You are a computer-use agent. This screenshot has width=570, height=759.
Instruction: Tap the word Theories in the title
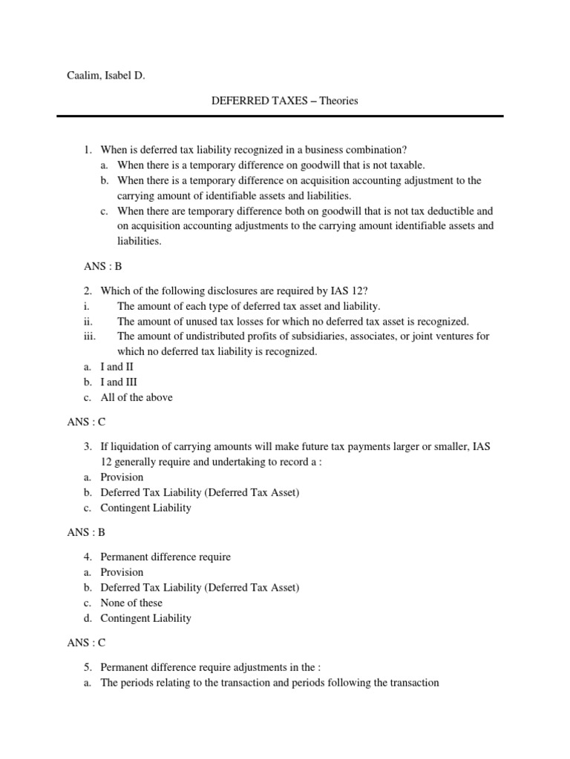point(338,101)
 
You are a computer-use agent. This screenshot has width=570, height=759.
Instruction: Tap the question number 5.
point(87,667)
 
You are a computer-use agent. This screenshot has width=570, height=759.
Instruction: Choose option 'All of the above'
point(137,397)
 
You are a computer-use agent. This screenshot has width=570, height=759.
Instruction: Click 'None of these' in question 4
point(131,603)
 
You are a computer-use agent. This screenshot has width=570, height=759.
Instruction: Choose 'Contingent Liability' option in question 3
point(145,508)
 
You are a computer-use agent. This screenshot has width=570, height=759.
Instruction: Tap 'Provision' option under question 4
point(122,572)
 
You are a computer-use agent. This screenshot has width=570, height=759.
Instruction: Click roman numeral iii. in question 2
point(88,337)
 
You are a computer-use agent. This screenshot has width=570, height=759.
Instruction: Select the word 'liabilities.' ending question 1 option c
point(139,242)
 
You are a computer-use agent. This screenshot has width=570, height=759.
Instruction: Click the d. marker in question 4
point(87,618)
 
